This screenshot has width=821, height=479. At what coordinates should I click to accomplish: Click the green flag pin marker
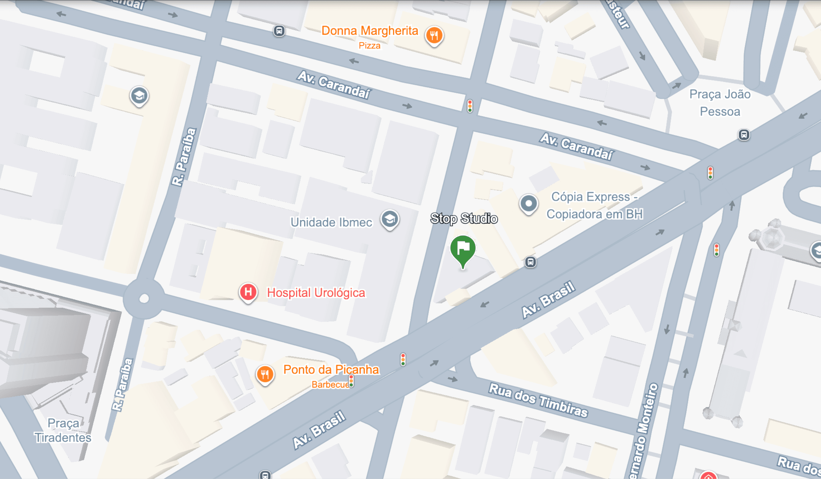[463, 249]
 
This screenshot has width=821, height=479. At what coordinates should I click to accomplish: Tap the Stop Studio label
[464, 218]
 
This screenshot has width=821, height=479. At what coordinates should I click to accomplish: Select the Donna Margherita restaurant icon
[434, 35]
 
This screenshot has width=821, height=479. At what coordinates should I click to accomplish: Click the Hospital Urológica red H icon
[248, 292]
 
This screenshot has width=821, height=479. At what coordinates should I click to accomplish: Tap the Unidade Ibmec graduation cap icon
[390, 219]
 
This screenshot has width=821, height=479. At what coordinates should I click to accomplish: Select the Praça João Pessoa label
[720, 103]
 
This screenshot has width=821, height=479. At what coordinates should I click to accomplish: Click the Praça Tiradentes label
[63, 430]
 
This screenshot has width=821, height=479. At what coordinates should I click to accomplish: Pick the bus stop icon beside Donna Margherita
[279, 31]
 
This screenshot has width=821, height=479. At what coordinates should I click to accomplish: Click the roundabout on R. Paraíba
[144, 298]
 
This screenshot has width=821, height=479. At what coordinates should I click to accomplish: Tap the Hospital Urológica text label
[316, 292]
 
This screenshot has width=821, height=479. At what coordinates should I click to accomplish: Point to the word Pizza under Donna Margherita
[369, 46]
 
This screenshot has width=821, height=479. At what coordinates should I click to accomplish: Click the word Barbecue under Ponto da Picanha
[330, 385]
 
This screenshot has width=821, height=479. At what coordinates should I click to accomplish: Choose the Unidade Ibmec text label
[331, 222]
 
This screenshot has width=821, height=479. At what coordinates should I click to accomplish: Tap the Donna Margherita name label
[369, 31]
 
